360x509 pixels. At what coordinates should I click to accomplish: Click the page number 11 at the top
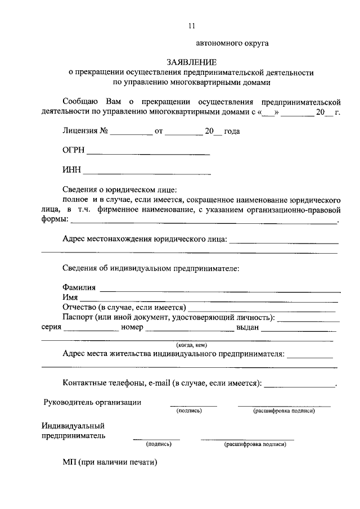click(191, 25)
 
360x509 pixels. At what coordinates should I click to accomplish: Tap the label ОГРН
click(74, 151)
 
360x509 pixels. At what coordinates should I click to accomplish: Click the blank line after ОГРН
click(148, 153)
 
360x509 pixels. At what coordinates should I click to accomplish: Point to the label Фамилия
click(79, 288)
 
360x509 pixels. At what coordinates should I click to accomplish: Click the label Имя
click(70, 298)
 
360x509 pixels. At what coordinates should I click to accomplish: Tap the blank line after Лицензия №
click(130, 134)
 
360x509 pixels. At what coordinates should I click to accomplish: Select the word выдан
click(247, 327)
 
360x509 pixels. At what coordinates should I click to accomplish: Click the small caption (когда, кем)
click(192, 344)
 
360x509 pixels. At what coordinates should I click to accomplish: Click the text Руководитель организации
click(93, 402)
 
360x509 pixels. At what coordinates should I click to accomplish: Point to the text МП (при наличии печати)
click(110, 462)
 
